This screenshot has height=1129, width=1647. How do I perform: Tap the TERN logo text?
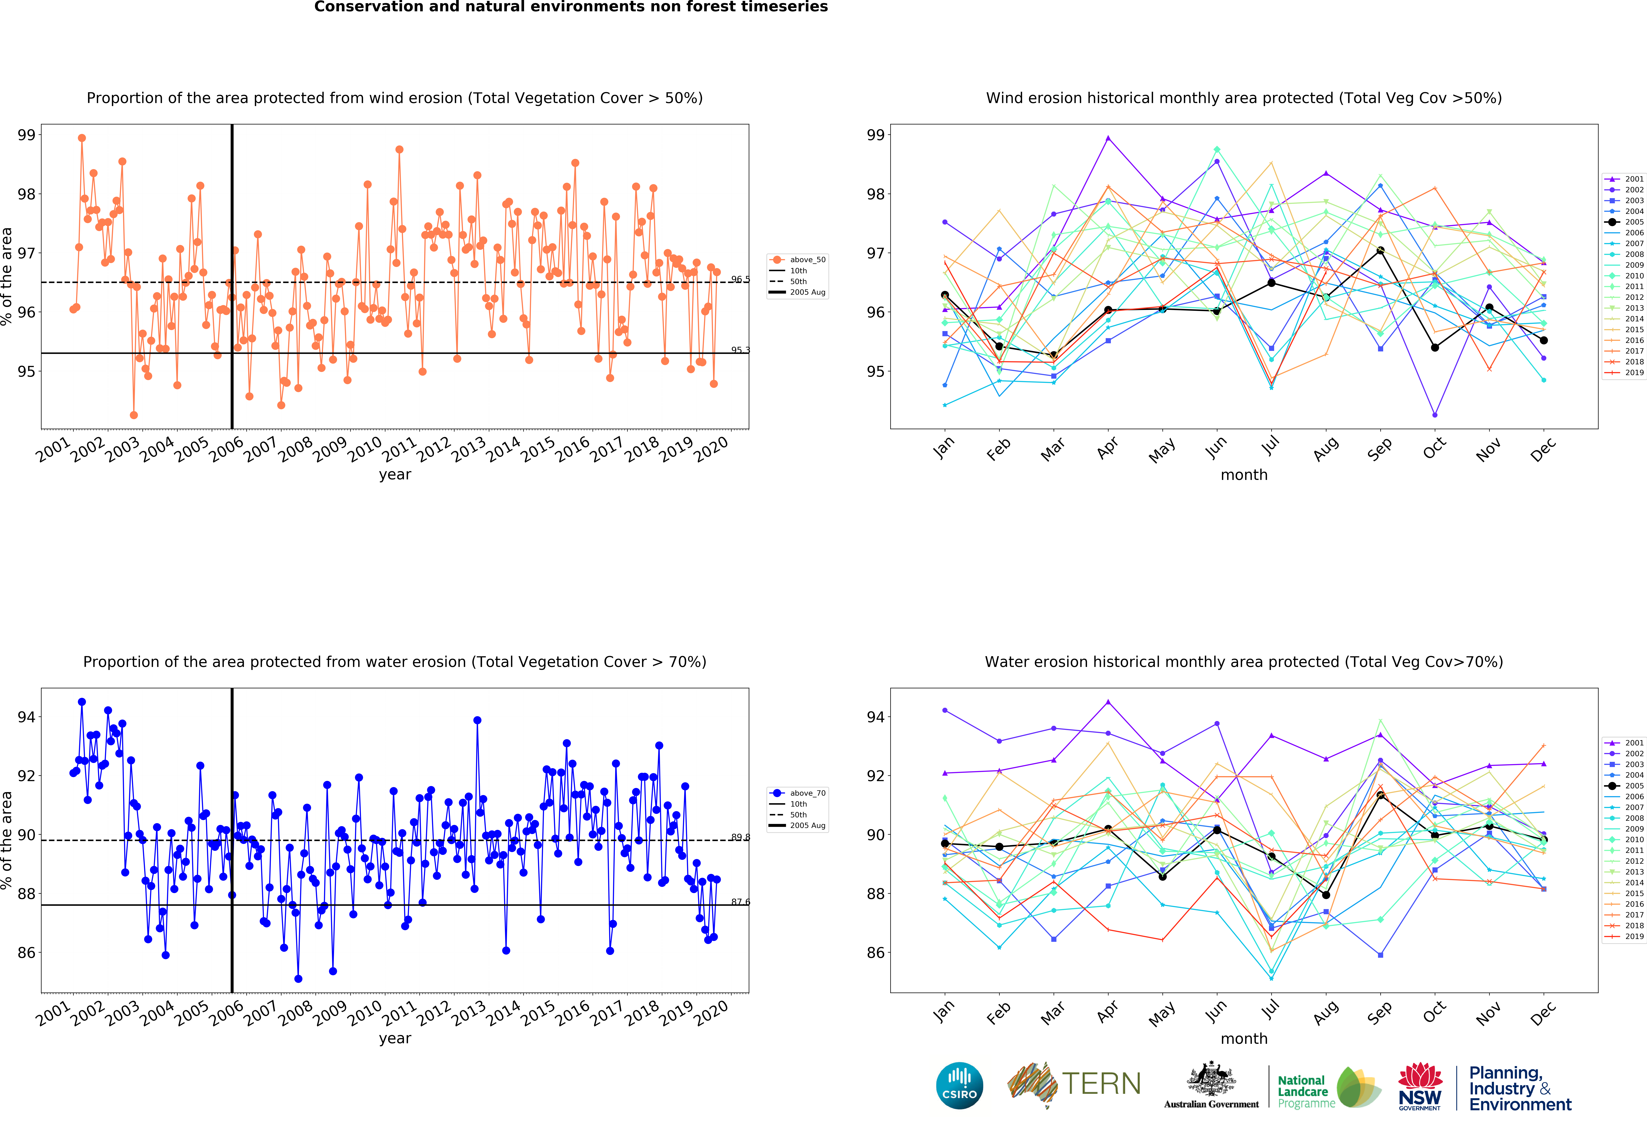(x=1101, y=1084)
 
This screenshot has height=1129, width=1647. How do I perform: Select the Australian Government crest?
(x=1211, y=1079)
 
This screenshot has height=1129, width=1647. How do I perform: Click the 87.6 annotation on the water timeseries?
(x=740, y=902)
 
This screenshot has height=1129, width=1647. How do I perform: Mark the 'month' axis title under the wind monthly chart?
(x=1244, y=475)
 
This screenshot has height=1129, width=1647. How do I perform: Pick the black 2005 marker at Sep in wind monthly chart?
(x=1381, y=250)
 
